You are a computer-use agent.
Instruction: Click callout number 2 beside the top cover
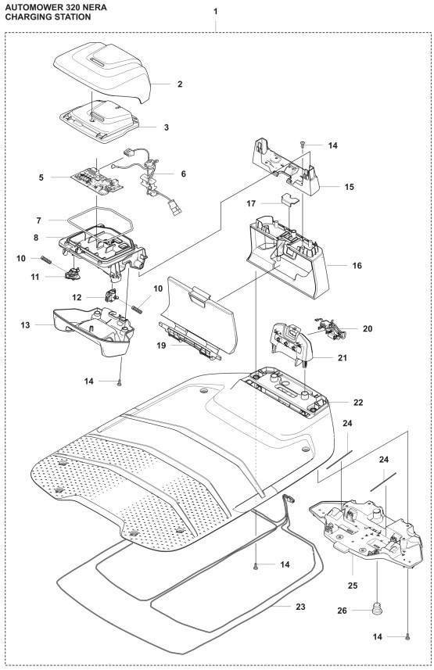tap(179, 83)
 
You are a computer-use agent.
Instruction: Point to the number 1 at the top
tap(216, 13)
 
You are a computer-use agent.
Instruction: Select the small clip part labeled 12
tap(110, 296)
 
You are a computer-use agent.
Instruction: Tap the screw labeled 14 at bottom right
tap(408, 638)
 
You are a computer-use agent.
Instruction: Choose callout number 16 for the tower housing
tap(357, 266)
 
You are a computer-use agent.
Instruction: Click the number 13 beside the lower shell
tap(26, 324)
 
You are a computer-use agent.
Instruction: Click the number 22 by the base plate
tap(358, 402)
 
